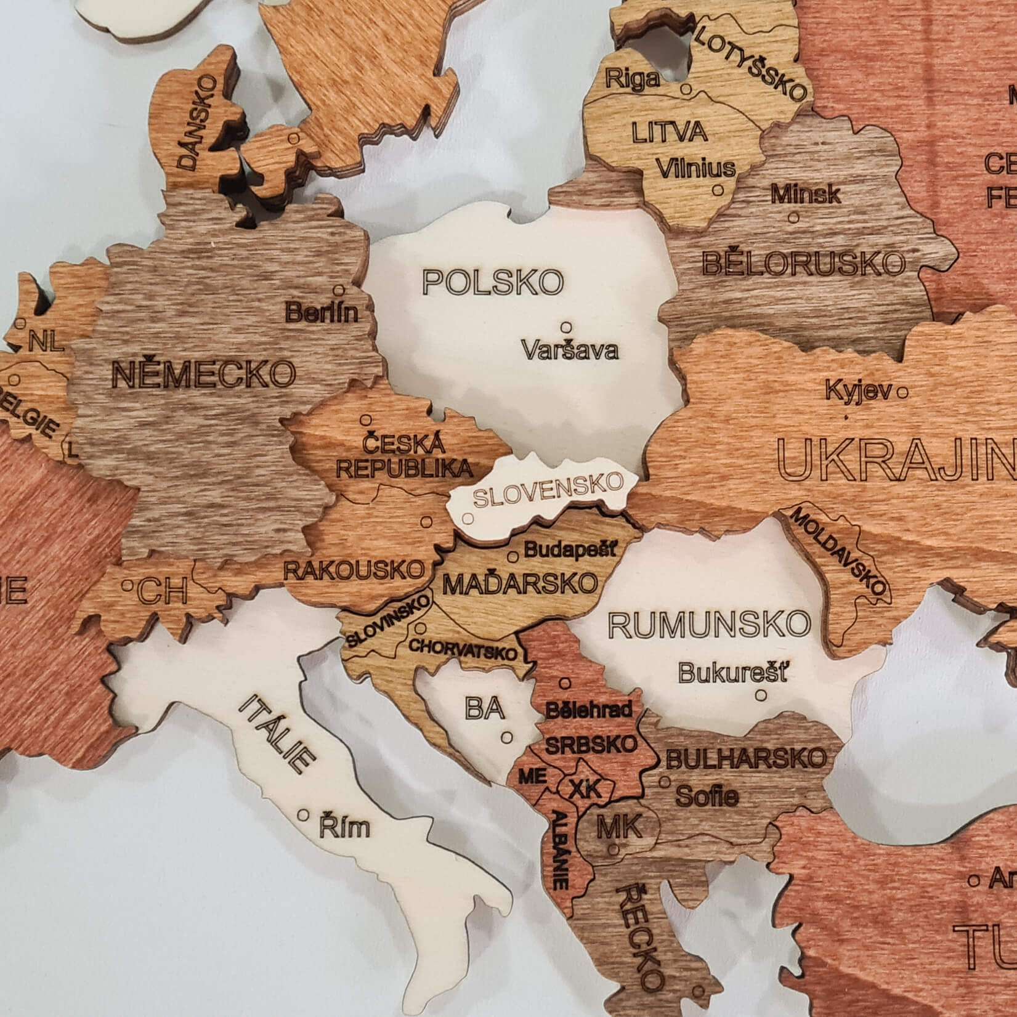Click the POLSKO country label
493,282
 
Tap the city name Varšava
570,350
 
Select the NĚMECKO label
203,374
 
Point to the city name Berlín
321,313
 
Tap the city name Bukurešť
732,673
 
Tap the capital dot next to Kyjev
902,391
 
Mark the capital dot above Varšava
565,327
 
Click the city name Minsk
805,195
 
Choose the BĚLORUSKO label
804,264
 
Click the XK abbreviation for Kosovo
583,788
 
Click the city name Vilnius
695,168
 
